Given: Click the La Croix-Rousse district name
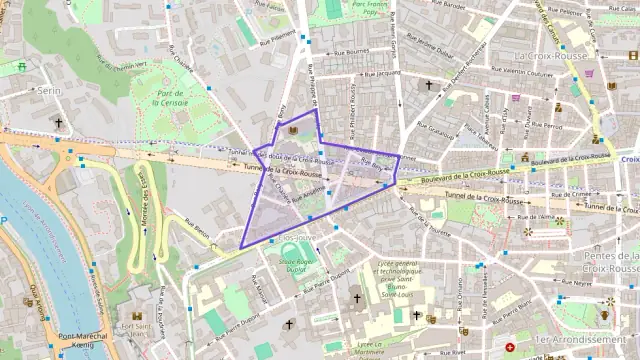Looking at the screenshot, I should tap(549, 56).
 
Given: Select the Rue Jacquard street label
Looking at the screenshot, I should tap(382, 74).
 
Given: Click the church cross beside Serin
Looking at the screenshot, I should tap(58, 123).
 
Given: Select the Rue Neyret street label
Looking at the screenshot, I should tap(575, 283).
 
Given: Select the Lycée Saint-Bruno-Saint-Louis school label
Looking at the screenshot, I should tap(397, 279).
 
